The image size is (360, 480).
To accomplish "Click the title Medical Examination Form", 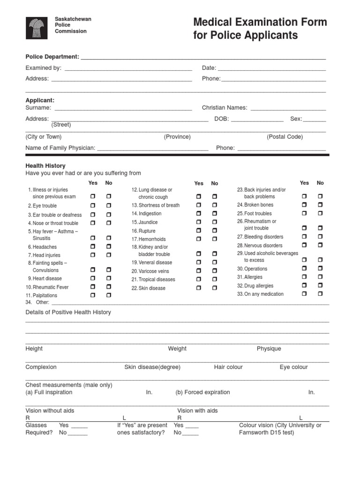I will coord(260,22).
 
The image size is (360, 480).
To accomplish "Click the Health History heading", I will coord(45,166).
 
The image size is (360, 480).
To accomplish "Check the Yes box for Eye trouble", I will coord(93,206).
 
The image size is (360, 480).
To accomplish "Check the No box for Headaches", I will coord(109,247).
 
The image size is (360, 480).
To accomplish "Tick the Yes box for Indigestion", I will coord(199,214).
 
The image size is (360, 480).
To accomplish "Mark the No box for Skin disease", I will coord(215,288).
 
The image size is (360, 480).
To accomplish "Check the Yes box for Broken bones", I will coord(304,205).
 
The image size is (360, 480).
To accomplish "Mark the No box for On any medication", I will coord(321,294).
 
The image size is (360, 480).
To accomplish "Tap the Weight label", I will coord(177,349).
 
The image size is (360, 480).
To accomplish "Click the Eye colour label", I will coord(293,367).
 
